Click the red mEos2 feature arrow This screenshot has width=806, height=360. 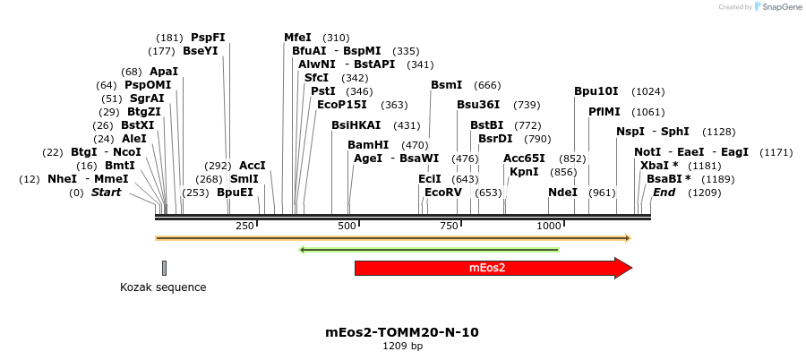tap(488, 268)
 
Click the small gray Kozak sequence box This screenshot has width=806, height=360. tap(165, 268)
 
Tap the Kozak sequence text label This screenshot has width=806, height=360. tap(163, 287)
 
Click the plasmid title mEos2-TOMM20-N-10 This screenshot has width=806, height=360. tap(402, 332)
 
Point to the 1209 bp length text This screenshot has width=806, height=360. tap(402, 346)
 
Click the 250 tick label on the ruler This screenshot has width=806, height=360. tap(244, 227)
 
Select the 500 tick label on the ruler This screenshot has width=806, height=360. tap(347, 227)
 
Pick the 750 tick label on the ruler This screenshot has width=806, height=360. tap(450, 227)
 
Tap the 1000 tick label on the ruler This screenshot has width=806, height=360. tap(550, 227)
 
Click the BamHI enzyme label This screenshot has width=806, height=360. tap(368, 145)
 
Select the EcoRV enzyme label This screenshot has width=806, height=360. tap(443, 193)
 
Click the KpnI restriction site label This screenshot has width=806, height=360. tap(524, 172)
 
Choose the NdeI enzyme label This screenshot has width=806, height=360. tap(562, 193)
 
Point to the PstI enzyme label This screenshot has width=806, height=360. tap(323, 91)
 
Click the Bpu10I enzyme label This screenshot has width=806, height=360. tap(596, 91)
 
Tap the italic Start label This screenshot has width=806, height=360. tap(106, 193)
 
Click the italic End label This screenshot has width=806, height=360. tap(664, 193)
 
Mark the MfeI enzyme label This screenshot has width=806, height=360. tap(297, 38)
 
